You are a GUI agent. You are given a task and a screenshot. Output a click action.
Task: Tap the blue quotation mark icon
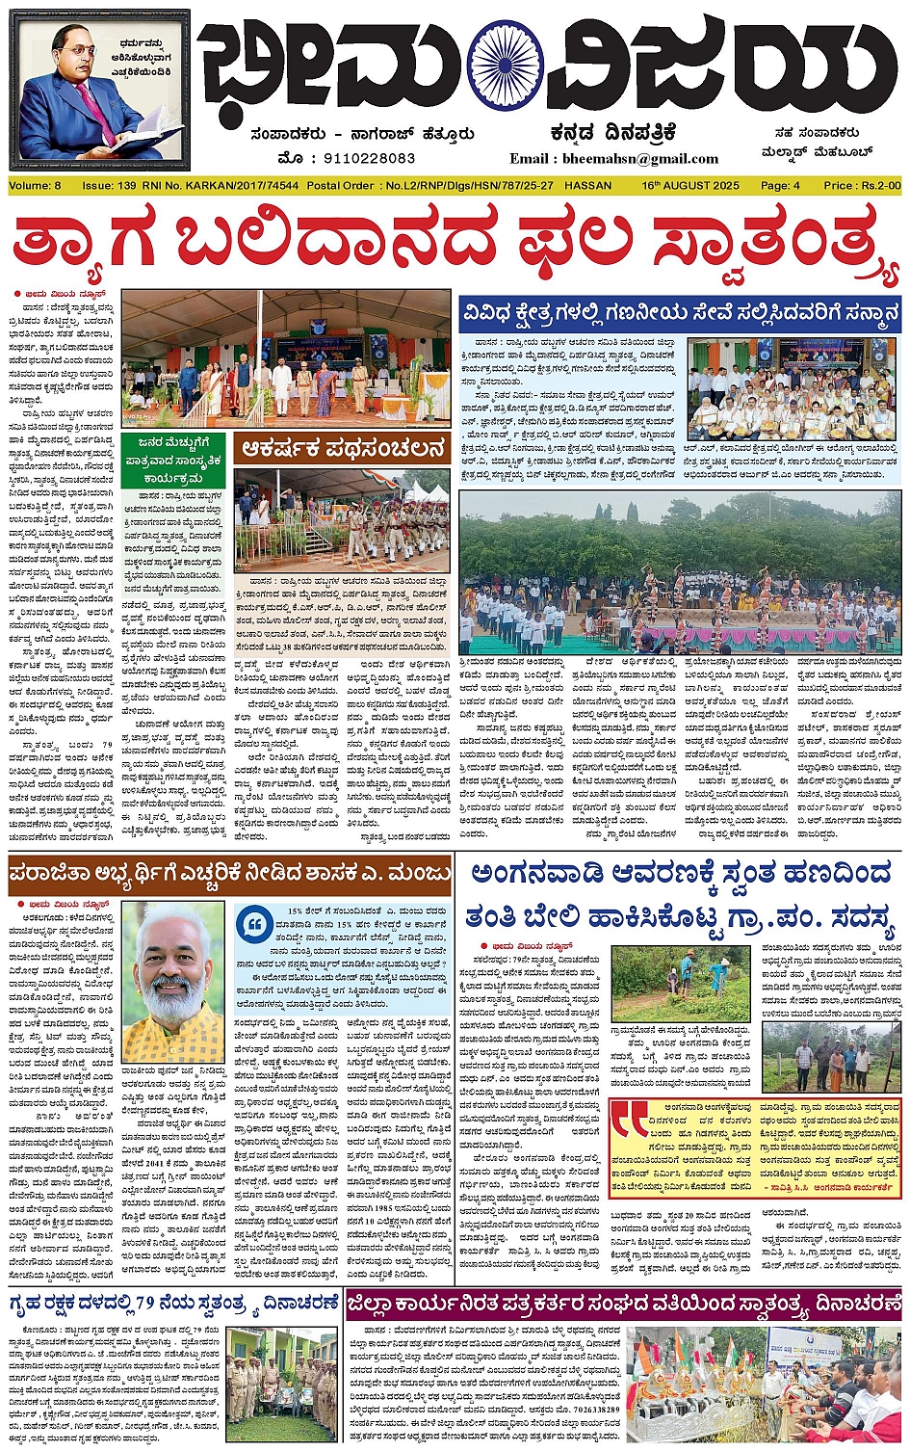tap(256, 926)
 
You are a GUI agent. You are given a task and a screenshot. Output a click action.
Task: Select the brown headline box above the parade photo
tap(343, 448)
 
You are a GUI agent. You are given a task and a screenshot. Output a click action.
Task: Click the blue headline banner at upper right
tap(680, 314)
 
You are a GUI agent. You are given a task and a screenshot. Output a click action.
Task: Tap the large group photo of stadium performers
tap(680, 572)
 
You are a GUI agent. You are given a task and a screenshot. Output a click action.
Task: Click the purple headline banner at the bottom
tap(624, 1306)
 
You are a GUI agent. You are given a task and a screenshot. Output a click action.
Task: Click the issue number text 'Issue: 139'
tap(108, 185)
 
